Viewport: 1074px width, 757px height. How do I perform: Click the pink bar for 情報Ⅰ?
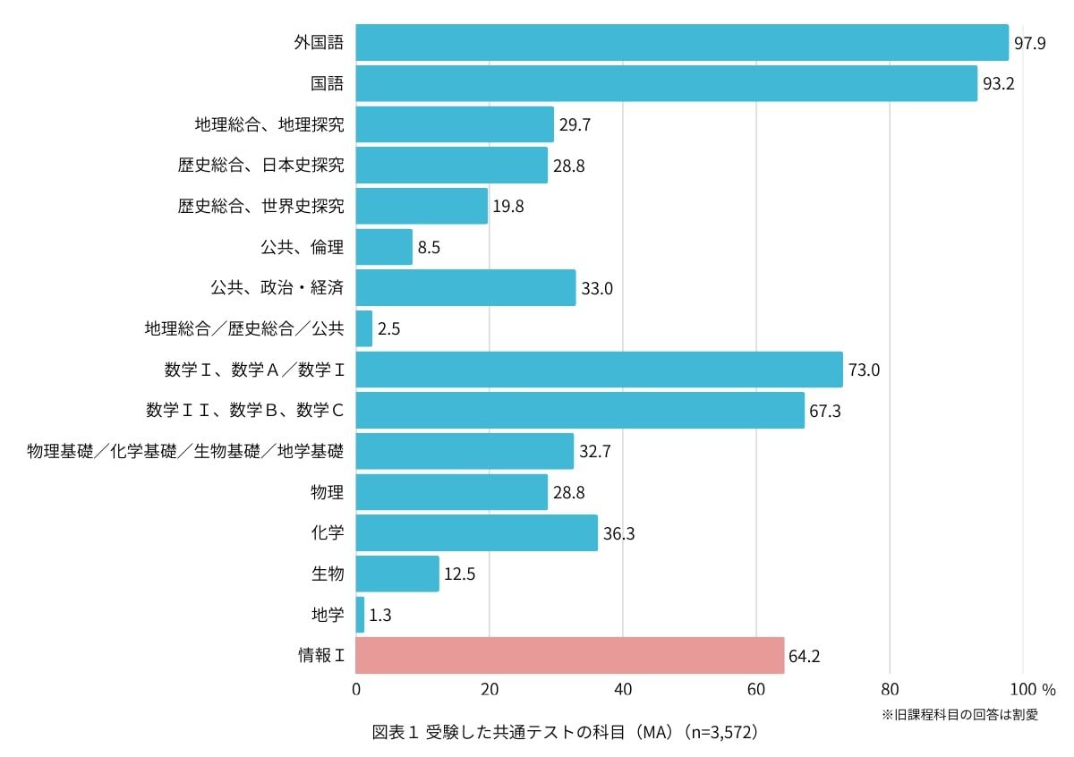[x=569, y=655]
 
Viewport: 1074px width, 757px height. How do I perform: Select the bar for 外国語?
[x=682, y=43]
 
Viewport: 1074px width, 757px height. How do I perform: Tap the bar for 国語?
[x=666, y=83]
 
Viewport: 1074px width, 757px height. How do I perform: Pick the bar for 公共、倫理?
[x=384, y=247]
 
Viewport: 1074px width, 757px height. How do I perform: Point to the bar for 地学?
[x=360, y=615]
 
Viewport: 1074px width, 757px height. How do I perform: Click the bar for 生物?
[x=397, y=574]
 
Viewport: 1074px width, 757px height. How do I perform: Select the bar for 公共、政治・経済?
[x=465, y=288]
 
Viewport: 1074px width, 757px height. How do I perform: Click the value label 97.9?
[x=1029, y=44]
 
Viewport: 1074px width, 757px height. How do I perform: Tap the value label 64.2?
[x=805, y=656]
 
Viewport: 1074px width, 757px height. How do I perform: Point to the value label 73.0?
[x=864, y=370]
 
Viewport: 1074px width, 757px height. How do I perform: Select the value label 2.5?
[x=388, y=329]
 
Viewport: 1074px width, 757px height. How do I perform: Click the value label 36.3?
[x=618, y=534]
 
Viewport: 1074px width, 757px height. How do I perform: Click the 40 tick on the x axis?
[x=623, y=690]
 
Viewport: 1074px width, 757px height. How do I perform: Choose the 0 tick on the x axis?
[x=356, y=690]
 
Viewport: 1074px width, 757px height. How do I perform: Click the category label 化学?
[x=327, y=533]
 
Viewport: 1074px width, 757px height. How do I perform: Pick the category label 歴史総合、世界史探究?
[x=260, y=207]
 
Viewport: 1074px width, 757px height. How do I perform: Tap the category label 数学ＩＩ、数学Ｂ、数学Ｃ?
[x=245, y=411]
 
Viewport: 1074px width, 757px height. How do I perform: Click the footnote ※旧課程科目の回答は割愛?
[x=959, y=715]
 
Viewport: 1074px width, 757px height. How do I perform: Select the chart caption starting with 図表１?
[x=566, y=733]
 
